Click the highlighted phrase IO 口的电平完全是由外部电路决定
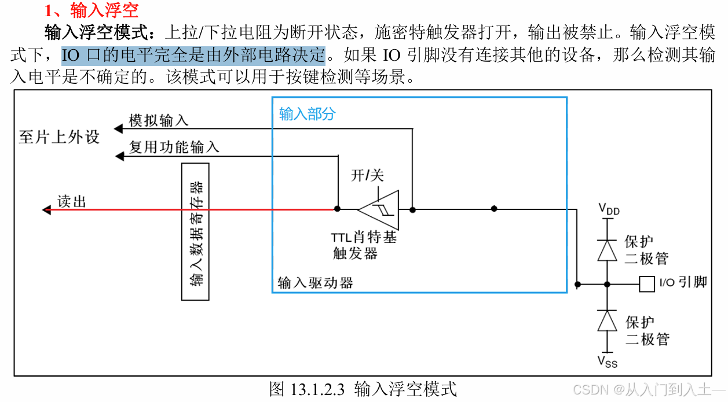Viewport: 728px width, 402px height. (193, 56)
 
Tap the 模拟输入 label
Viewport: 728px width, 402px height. (158, 120)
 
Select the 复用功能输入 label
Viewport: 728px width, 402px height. (174, 147)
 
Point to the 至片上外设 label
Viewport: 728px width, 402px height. (59, 137)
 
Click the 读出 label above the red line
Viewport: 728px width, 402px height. (72, 201)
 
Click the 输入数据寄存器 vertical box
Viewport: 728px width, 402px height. (196, 232)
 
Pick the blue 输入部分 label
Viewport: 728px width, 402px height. (307, 113)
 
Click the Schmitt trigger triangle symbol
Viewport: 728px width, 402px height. (379, 209)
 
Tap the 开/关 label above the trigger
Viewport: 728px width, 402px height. (367, 175)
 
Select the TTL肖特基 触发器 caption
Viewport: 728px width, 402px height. (363, 245)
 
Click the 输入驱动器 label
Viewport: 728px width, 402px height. (315, 283)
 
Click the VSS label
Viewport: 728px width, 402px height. (608, 362)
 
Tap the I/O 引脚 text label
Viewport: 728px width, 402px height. (683, 283)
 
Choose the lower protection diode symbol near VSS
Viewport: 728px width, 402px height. (607, 320)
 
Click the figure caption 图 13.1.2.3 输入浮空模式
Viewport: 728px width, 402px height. (363, 389)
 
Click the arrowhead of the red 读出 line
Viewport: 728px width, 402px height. (46, 209)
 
